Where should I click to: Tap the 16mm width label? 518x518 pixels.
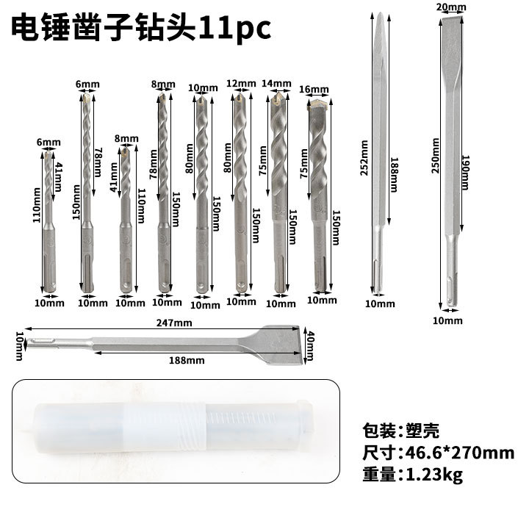tap(314, 90)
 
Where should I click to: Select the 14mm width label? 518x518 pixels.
tap(276, 84)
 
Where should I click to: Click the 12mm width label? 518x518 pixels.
tap(241, 84)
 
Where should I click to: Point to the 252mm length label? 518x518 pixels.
tap(364, 158)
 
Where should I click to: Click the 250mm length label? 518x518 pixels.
tap(436, 156)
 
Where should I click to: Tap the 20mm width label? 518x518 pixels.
tap(451, 7)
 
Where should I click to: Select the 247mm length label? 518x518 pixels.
tap(174, 323)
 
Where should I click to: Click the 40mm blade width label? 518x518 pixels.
tap(311, 346)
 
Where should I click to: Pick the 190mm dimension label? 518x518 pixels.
tap(465, 173)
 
